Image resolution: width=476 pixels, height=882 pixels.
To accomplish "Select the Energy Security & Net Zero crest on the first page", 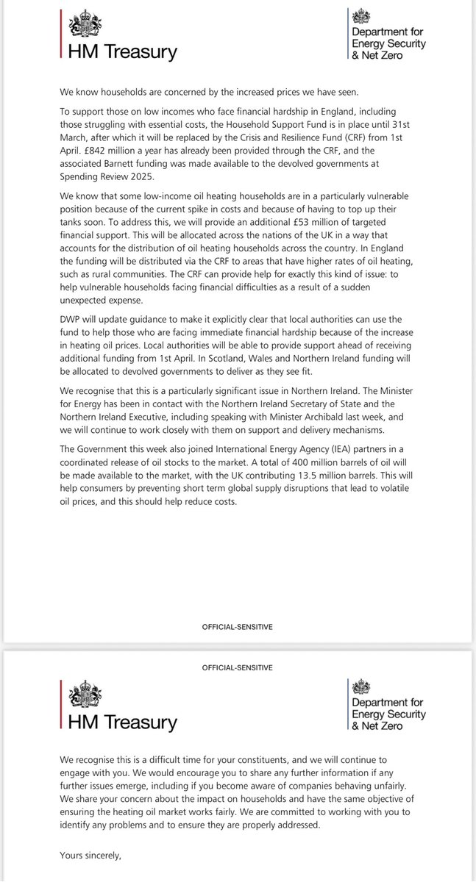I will point(362,16).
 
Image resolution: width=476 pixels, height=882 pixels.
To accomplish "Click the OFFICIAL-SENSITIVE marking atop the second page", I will point(238,667).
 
